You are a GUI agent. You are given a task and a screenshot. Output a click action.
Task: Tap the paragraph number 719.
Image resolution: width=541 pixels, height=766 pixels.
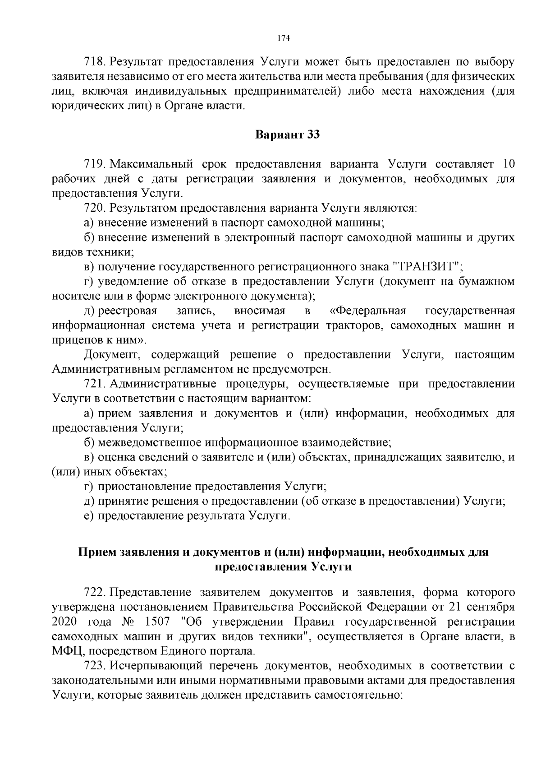click(94, 164)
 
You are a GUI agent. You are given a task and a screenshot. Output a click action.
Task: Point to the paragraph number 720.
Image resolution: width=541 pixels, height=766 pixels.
click(94, 208)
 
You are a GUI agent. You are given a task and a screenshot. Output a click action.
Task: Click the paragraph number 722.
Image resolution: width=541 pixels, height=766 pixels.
click(94, 592)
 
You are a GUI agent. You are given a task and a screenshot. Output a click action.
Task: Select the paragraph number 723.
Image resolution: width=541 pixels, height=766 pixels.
click(94, 666)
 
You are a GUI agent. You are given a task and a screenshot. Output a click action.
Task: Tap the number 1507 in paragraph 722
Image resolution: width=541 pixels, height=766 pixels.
click(156, 622)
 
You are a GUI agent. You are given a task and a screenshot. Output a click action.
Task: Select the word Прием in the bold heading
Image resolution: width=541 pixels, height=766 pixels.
click(95, 552)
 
